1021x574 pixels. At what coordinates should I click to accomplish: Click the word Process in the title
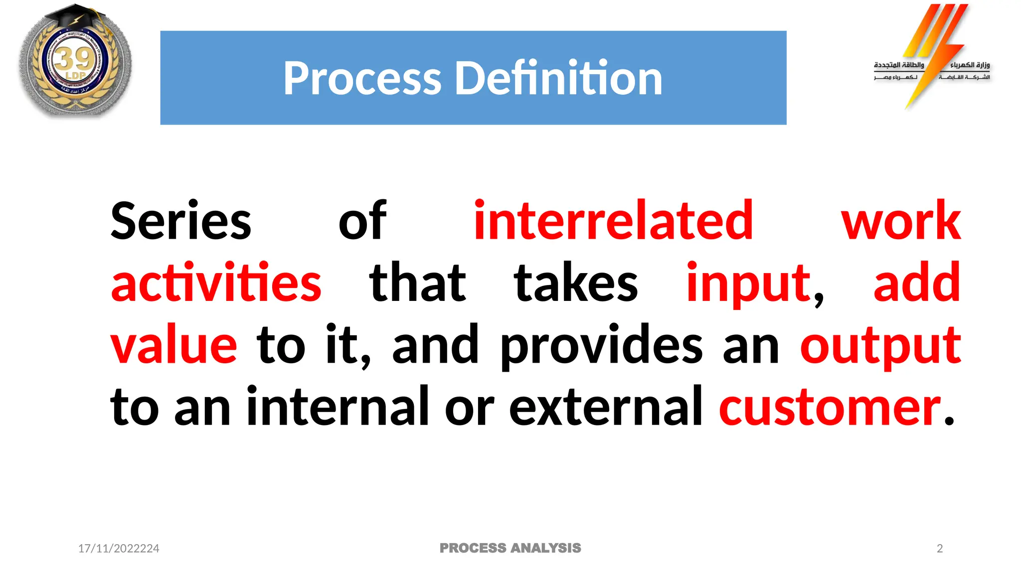[362, 79]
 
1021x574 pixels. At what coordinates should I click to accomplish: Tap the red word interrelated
[613, 220]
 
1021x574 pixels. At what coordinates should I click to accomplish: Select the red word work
[900, 221]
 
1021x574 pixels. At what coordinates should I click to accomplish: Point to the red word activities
[216, 283]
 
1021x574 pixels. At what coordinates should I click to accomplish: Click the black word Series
[180, 221]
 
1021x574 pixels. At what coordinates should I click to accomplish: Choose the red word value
[173, 345]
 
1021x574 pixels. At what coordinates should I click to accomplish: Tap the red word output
[880, 346]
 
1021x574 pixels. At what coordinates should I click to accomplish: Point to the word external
[605, 407]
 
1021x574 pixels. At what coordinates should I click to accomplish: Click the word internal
[338, 407]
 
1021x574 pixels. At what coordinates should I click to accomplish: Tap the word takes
[576, 283]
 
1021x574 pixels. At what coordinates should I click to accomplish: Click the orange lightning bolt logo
[935, 50]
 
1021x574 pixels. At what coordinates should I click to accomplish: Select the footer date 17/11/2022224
[119, 549]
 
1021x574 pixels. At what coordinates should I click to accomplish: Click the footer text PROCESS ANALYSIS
[510, 548]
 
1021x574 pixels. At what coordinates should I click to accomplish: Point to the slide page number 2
[940, 549]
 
